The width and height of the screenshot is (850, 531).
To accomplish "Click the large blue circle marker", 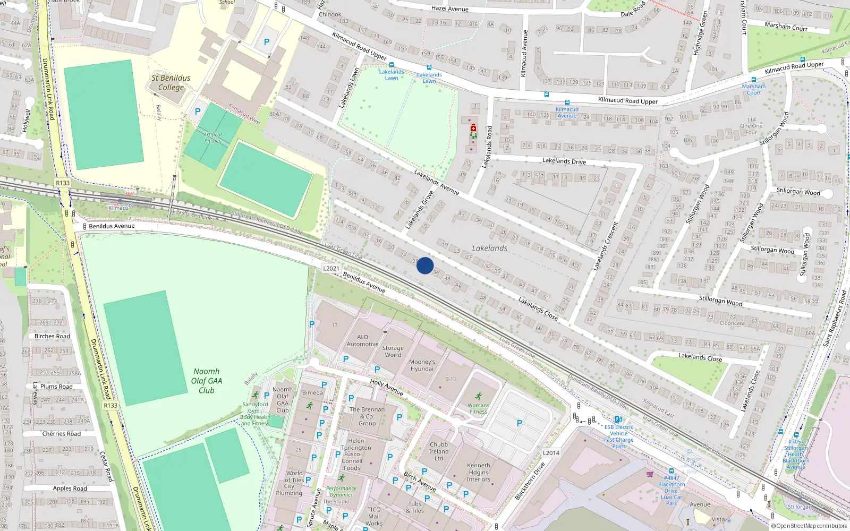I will [425, 265].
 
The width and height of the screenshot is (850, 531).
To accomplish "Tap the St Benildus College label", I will [171, 83].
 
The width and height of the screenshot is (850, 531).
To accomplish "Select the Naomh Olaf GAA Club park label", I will [207, 381].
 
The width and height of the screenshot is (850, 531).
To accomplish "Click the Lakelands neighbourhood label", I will [489, 248].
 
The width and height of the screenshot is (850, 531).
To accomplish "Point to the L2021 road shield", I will [331, 269].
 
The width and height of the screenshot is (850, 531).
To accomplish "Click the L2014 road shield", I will [551, 453].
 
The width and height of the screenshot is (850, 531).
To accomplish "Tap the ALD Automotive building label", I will [362, 340].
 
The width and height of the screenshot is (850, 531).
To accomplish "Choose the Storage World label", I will [393, 352].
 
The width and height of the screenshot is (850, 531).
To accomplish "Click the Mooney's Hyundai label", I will [422, 365].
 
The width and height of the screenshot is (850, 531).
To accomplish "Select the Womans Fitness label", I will [478, 408].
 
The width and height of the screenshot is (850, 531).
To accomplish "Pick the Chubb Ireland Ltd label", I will [439, 451].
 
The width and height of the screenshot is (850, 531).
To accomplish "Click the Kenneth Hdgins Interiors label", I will [479, 472].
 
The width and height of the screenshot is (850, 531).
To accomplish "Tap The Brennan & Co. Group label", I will [367, 416].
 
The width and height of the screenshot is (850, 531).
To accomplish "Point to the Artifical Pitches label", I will [212, 138].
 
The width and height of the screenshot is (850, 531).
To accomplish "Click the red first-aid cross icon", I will [473, 128].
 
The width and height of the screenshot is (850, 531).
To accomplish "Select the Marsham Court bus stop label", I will [753, 89].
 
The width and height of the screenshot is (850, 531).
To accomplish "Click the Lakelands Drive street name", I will [564, 161].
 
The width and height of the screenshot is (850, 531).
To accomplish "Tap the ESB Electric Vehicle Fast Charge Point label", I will [618, 436].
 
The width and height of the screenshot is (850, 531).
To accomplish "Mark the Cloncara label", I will [732, 323].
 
